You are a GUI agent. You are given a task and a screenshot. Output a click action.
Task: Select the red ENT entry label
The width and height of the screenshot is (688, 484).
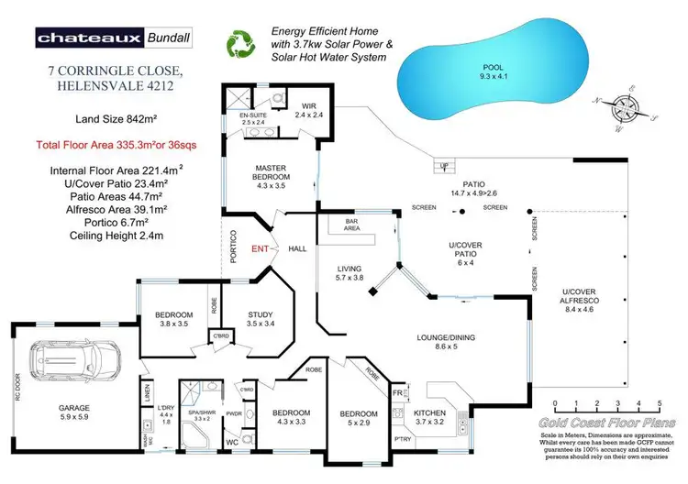click(261, 248)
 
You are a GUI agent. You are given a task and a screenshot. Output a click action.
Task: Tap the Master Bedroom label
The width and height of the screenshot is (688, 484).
click(273, 174)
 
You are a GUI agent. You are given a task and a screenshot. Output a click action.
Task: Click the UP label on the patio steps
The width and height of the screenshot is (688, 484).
click(444, 166)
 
